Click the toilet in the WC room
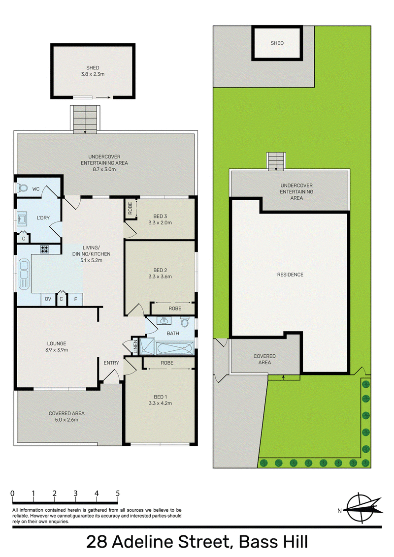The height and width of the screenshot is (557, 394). [23, 187]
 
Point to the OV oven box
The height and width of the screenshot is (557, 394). [48, 299]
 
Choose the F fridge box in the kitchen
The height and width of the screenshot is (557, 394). [75, 299]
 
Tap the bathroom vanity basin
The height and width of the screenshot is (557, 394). [163, 321]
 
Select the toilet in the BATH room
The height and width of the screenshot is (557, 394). [185, 322]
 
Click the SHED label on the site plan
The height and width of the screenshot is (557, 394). [277, 43]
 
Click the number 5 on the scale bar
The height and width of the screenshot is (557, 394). [118, 493]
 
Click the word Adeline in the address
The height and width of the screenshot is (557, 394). [143, 542]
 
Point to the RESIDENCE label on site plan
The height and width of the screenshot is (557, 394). [290, 275]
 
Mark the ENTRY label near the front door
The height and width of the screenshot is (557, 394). [111, 363]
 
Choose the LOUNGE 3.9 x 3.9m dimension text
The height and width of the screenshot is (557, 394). [57, 350]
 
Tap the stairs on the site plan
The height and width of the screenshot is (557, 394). [276, 161]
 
